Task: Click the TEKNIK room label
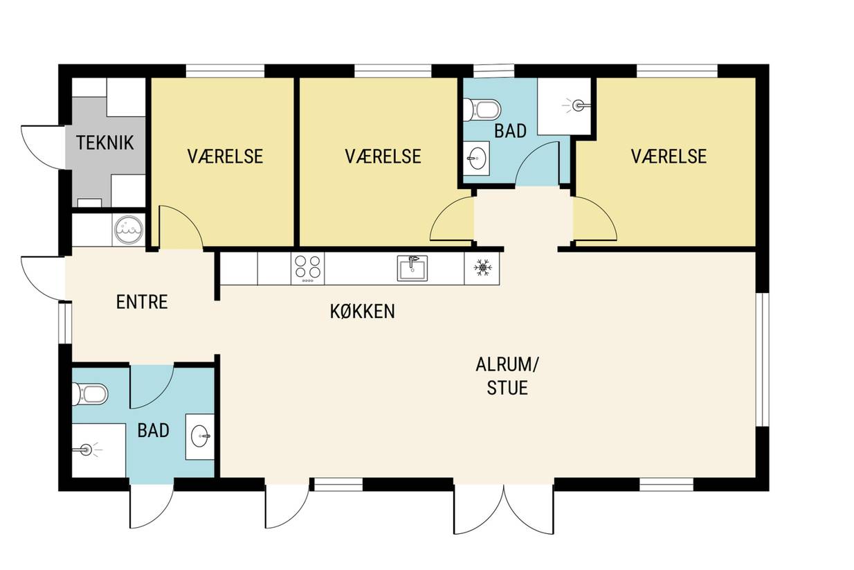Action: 105,143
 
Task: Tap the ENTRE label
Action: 142,302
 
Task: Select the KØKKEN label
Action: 362,312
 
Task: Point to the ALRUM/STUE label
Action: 507,376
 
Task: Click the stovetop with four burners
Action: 308,269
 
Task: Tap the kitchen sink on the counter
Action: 412,268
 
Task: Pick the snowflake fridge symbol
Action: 482,268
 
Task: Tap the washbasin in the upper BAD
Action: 477,159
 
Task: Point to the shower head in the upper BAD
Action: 577,105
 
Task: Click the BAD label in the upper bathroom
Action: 511,131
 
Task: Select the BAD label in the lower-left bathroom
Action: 153,430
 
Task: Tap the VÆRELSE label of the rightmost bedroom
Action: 669,157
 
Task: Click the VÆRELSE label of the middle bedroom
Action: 383,157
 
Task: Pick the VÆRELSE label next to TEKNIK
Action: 225,157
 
